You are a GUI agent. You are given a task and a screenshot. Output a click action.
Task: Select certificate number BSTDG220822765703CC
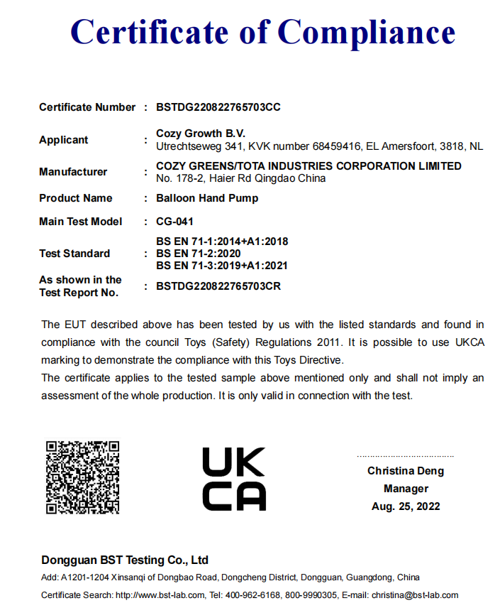point(218,107)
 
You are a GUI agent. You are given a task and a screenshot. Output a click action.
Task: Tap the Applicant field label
point(64,140)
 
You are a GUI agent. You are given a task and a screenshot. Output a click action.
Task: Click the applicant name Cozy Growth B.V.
point(200,134)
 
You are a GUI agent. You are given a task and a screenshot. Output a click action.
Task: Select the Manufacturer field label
point(73,172)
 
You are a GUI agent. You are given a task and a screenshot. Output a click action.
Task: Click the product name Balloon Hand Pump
point(207,198)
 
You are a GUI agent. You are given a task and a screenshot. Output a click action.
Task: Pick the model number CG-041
point(174,222)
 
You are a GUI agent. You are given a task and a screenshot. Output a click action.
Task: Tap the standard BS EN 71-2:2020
point(199,254)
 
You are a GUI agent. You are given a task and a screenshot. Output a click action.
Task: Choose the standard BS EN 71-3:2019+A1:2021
point(222,266)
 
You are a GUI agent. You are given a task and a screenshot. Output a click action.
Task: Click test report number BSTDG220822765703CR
point(218,286)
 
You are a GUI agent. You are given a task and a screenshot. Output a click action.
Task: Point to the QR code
point(82,477)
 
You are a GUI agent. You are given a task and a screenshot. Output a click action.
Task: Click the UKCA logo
point(234,479)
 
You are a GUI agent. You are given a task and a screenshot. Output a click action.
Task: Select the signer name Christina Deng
point(406,471)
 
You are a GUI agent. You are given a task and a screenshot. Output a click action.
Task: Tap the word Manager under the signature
point(406,489)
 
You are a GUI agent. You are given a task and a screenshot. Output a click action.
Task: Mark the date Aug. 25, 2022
point(406,506)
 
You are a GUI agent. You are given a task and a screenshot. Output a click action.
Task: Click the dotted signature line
point(405,456)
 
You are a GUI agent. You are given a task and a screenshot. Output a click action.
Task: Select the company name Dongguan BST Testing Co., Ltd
point(124,560)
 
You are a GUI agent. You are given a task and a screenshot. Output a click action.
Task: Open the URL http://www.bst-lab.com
point(160,595)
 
